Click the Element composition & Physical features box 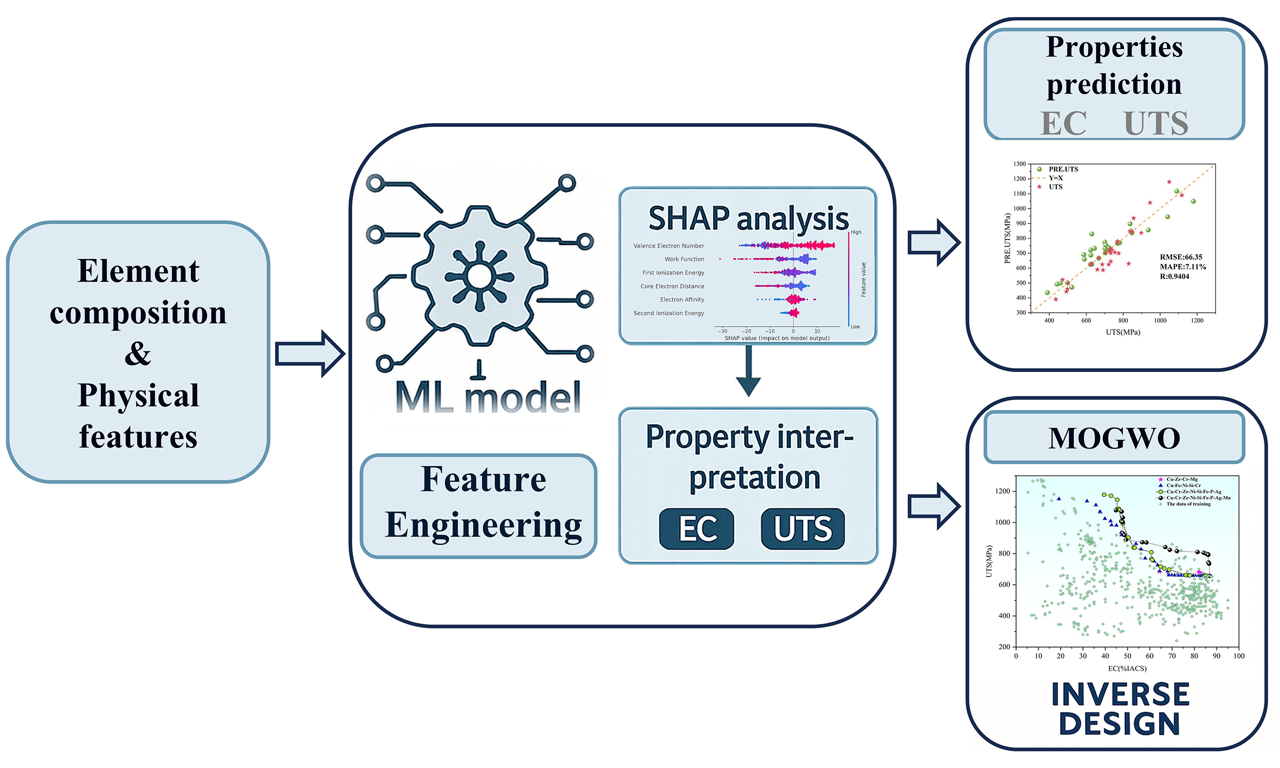point(138,352)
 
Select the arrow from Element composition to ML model point(309,354)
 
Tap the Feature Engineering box point(479,505)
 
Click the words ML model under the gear point(487,397)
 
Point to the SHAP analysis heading point(748,218)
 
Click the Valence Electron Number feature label point(668,246)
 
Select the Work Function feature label point(684,259)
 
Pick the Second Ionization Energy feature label point(668,313)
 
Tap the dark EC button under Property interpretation point(696,528)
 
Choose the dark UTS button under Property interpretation point(802,528)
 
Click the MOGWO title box point(1114,438)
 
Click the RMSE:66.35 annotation point(1180,257)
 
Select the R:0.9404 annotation point(1174,277)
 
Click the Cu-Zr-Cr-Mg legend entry point(1181,479)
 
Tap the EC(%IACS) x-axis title point(1127,668)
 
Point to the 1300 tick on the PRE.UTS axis point(1019,164)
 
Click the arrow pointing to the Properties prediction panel point(934,242)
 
